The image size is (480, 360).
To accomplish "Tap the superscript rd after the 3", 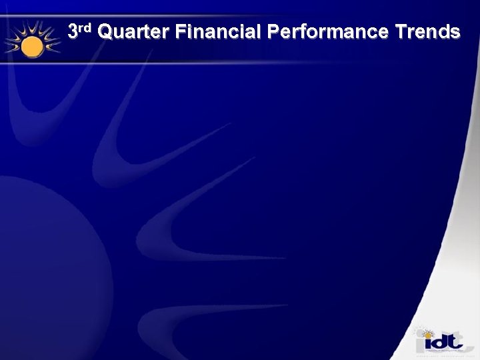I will (87, 27).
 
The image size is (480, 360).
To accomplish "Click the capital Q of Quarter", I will (106, 32).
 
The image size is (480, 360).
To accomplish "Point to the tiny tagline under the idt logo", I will (441, 355).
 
